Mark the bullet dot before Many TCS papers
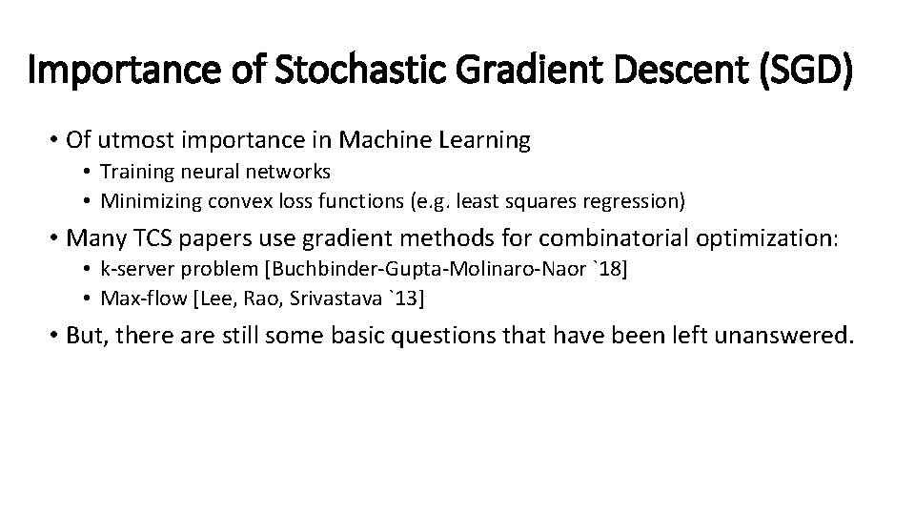(55, 238)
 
